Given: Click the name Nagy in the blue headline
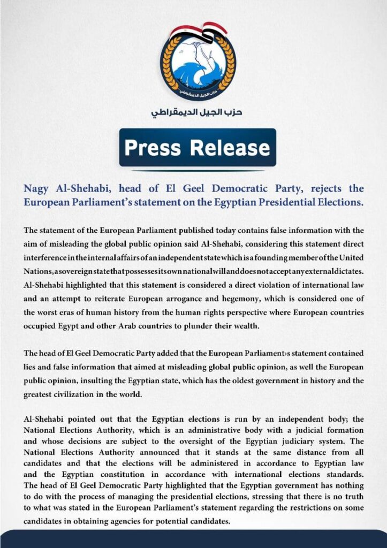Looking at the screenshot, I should tap(38, 189).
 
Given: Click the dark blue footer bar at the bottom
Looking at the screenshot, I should tap(193, 539).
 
